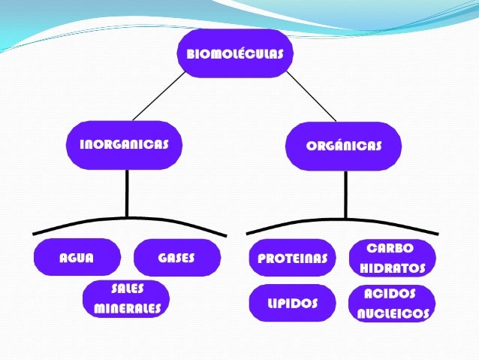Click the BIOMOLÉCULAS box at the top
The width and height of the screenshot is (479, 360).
tap(234, 53)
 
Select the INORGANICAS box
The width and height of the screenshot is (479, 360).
tap(124, 145)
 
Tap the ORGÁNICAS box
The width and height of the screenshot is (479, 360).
tap(343, 146)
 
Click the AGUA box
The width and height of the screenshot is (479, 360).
tap(77, 258)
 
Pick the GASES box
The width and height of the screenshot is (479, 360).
tap(176, 258)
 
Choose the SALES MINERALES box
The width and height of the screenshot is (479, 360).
tap(127, 298)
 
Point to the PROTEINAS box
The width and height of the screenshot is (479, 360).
tap(292, 259)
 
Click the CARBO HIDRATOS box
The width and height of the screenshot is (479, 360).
tap(392, 258)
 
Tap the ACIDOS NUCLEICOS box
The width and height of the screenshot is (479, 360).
tap(392, 304)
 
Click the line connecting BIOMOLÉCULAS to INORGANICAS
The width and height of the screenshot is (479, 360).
tap(158, 95)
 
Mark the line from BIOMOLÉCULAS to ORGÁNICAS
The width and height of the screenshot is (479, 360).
tap(311, 96)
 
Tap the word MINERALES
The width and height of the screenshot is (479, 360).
tap(127, 308)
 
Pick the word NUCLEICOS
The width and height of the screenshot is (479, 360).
tap(393, 314)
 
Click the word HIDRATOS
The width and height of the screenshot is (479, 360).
tap(392, 268)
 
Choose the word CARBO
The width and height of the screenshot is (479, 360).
tap(390, 248)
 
